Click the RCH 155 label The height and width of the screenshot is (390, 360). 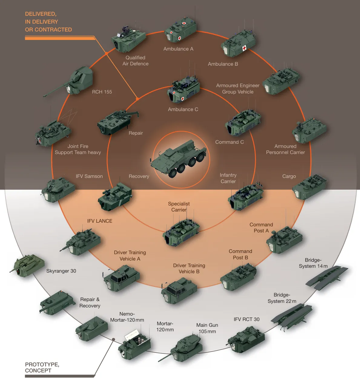pos(102,92)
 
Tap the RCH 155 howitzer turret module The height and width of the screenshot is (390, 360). pos(79,80)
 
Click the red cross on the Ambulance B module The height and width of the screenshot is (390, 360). pos(244,48)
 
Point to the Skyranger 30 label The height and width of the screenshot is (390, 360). pos(61,271)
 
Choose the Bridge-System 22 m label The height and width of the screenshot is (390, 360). pos(282,298)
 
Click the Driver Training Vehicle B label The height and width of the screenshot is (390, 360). pos(189,269)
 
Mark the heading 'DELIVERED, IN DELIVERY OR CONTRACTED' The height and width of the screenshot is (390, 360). pos(48,22)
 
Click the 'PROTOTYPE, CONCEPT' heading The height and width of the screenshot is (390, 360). pos(42,368)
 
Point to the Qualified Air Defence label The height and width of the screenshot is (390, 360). pos(135,61)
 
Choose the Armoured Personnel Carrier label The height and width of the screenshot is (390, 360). pos(285,149)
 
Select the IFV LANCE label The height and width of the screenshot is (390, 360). pos(100,221)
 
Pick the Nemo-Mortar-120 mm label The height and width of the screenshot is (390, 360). pos(127,317)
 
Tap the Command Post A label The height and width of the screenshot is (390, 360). pos(261,228)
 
